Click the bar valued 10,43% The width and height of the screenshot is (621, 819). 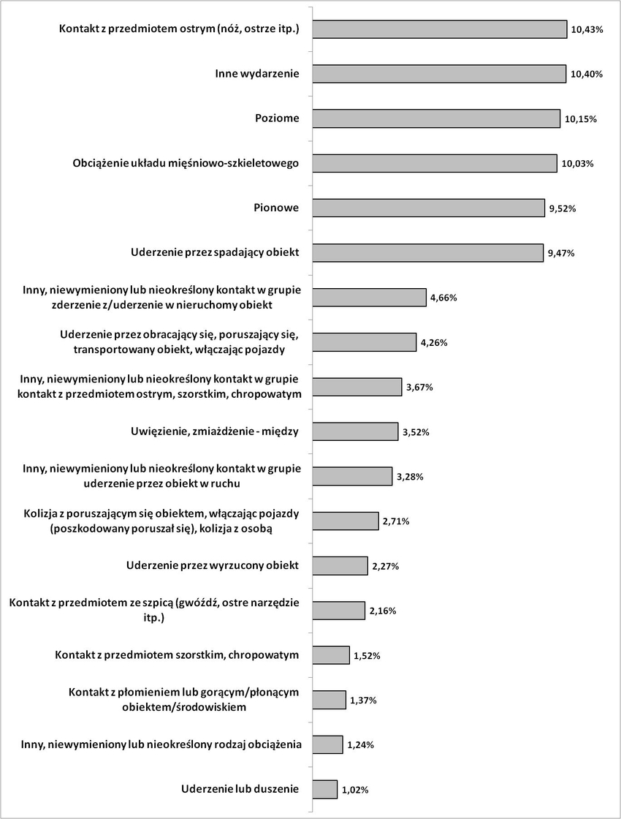[x=439, y=29]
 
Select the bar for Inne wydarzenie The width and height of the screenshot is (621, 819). [x=438, y=74]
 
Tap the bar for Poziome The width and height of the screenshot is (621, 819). [x=435, y=118]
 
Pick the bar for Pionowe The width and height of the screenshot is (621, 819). [x=428, y=208]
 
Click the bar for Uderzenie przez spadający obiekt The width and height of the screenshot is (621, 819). [x=427, y=253]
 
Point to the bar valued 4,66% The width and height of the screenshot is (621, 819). [x=369, y=298]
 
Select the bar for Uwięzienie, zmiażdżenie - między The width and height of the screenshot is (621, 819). [x=355, y=432]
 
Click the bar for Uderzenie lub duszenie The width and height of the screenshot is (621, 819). [x=325, y=790]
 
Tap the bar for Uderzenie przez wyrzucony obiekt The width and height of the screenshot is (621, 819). [x=340, y=566]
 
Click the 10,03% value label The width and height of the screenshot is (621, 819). [x=578, y=164]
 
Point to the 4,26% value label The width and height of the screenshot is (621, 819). [x=435, y=343]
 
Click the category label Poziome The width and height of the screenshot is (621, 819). [x=278, y=118]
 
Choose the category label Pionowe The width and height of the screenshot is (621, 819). [x=276, y=208]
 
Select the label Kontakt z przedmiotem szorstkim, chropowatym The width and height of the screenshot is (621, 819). [x=177, y=655]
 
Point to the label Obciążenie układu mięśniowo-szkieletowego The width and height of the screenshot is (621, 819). [x=186, y=164]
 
